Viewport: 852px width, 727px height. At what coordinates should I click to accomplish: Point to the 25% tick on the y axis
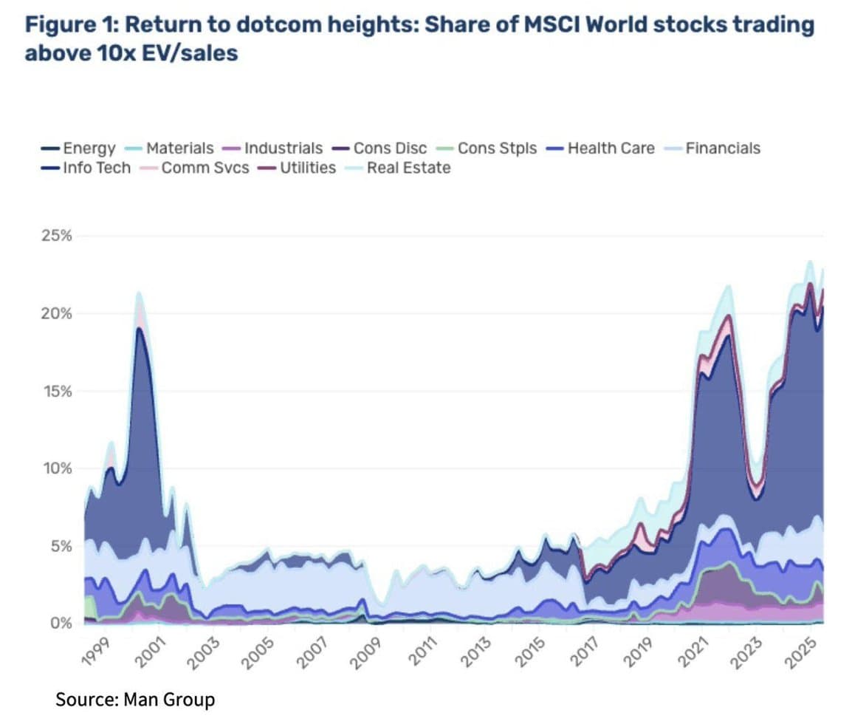point(56,236)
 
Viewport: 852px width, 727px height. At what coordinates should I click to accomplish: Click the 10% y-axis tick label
point(56,468)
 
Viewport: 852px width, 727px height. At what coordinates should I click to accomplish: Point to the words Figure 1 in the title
point(69,25)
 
